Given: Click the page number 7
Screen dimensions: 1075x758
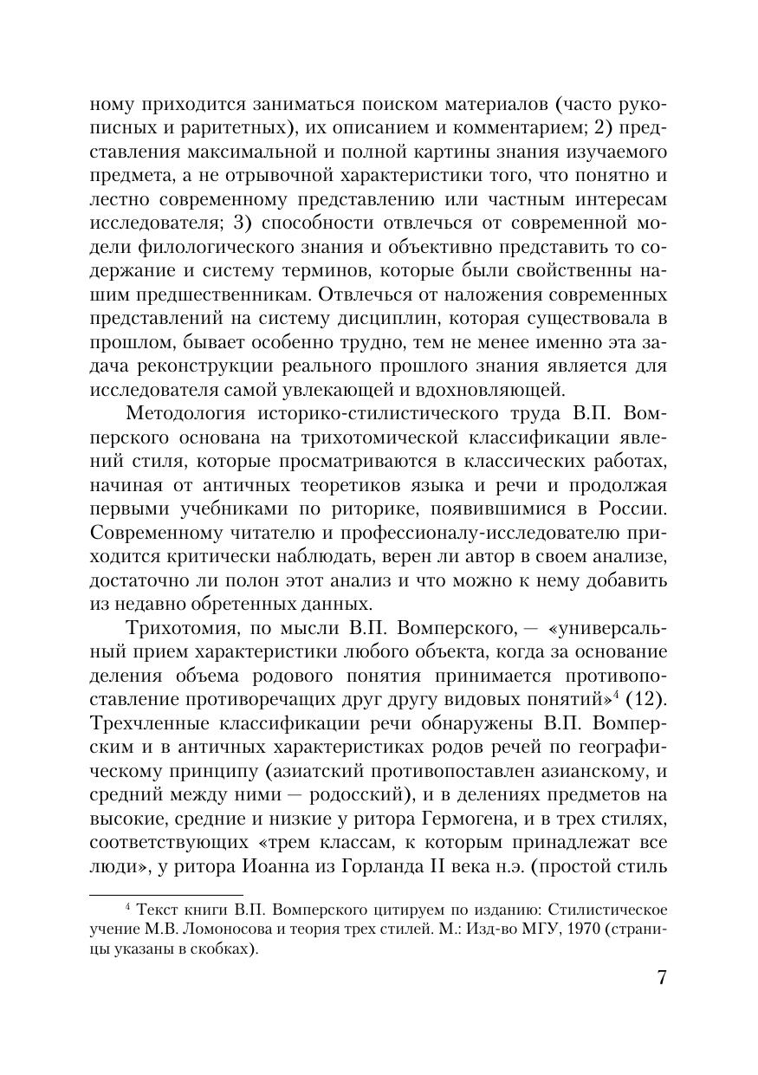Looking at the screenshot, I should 661,978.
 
